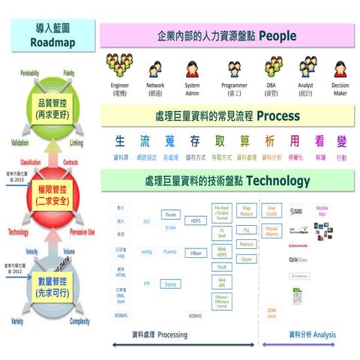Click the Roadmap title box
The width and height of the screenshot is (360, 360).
point(52,34)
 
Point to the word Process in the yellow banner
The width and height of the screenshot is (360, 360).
point(278,116)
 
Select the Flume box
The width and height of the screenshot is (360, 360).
point(171,214)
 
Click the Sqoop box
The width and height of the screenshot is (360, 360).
point(171,284)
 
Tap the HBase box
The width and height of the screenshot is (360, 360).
point(196,253)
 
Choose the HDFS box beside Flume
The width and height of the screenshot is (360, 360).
point(196,221)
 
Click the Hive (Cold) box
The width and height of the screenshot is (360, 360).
point(272,211)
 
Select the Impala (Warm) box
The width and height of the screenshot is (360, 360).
point(272,231)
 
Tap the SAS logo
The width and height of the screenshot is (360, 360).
point(296,211)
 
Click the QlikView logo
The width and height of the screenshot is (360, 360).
point(298,259)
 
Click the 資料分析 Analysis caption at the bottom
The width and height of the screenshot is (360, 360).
point(312,334)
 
